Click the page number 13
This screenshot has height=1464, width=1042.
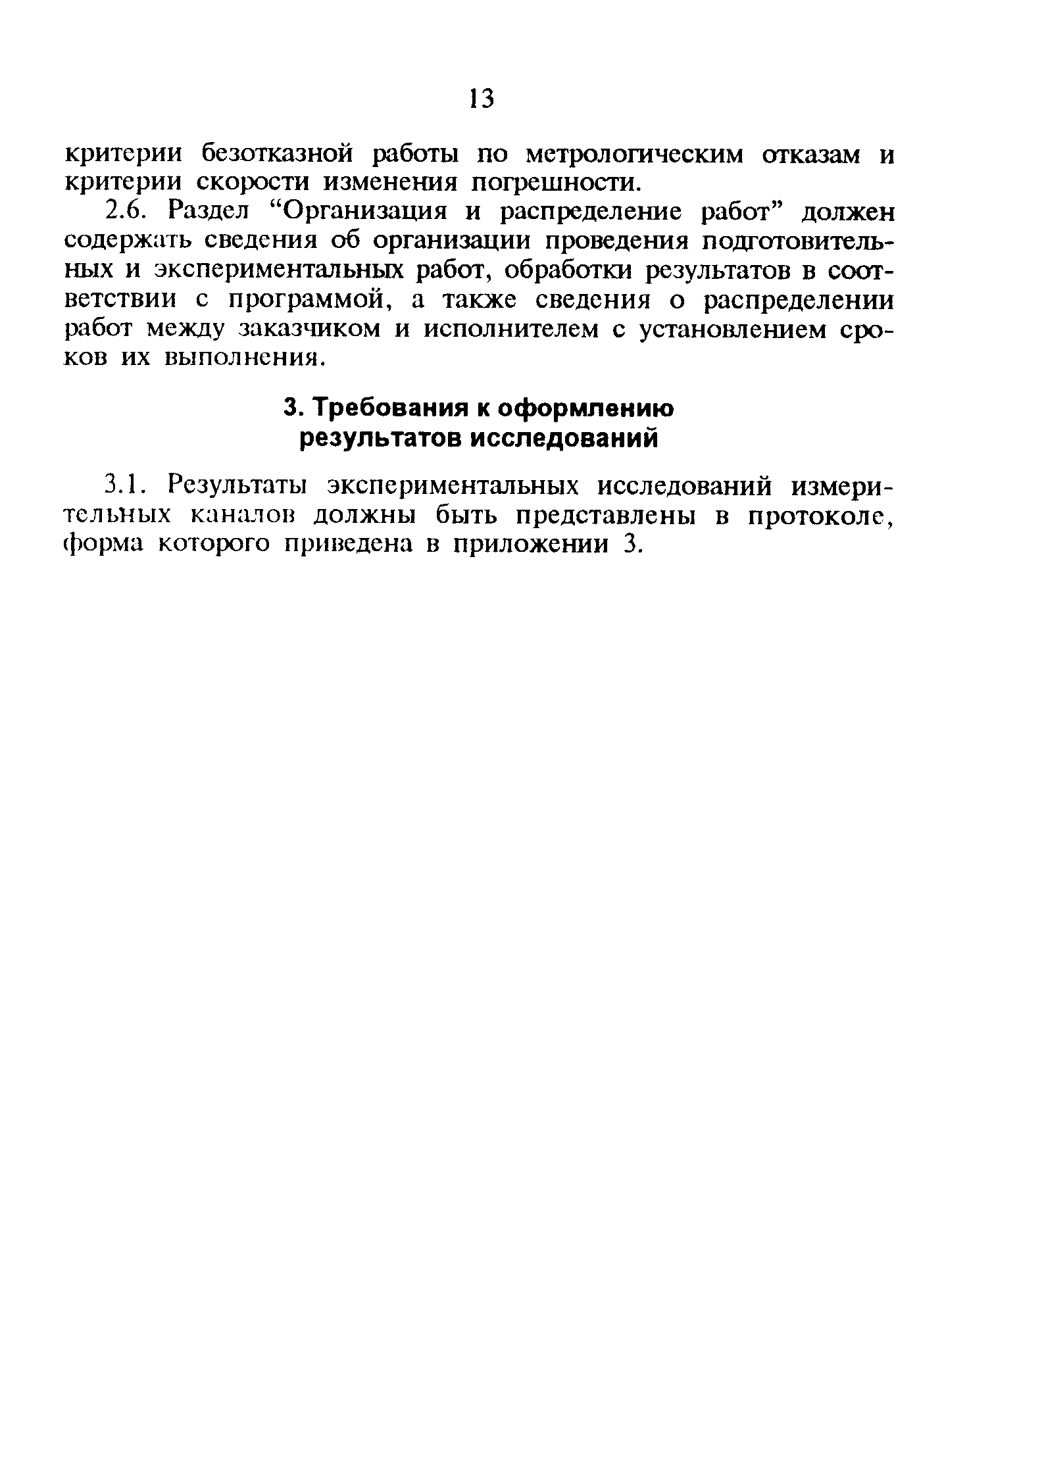click(x=481, y=99)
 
